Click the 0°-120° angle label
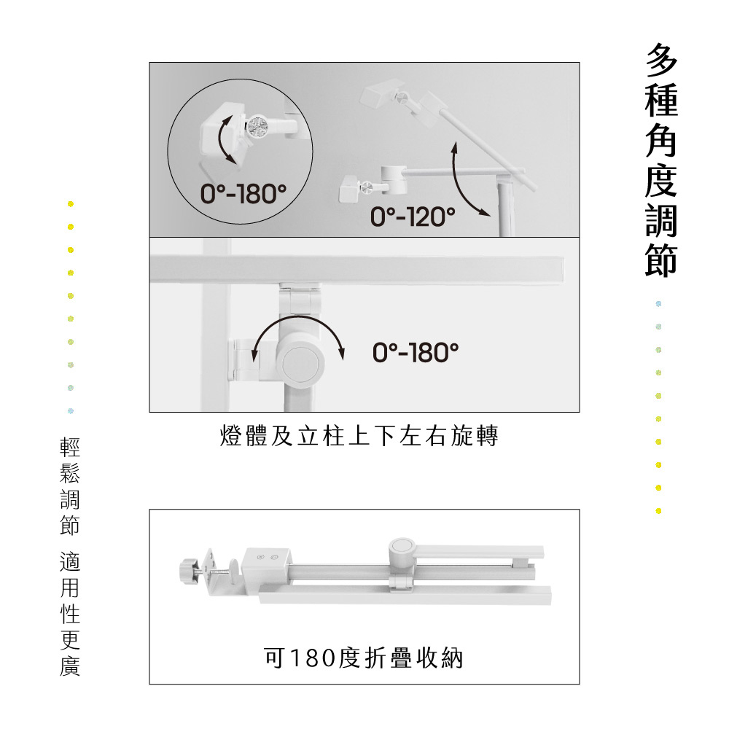413,217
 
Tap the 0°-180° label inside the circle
243,193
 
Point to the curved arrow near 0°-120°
459,186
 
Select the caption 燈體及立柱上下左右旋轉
359,436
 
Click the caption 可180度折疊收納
364,658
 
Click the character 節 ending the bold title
661,260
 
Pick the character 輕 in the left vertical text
70,447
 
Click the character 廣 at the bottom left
70,666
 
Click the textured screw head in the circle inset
257,126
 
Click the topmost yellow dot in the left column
71,203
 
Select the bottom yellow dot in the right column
658,511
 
